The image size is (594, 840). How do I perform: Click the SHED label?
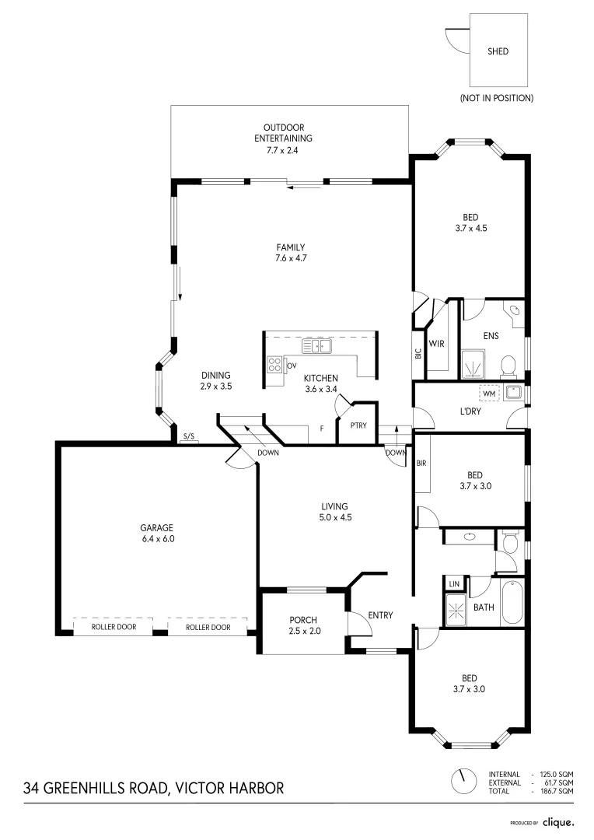click(x=498, y=51)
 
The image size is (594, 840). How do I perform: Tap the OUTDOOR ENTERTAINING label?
click(x=288, y=133)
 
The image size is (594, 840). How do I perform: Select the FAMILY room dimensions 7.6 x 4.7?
click(x=288, y=258)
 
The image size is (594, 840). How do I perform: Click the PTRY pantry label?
click(x=358, y=425)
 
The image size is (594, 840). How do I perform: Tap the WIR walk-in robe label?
click(x=436, y=343)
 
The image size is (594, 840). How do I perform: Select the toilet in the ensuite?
click(x=508, y=365)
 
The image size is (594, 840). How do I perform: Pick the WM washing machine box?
click(x=488, y=394)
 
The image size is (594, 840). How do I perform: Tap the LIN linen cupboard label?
click(x=454, y=583)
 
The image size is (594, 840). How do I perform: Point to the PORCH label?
click(x=303, y=620)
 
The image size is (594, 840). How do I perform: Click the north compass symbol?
click(x=464, y=779)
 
